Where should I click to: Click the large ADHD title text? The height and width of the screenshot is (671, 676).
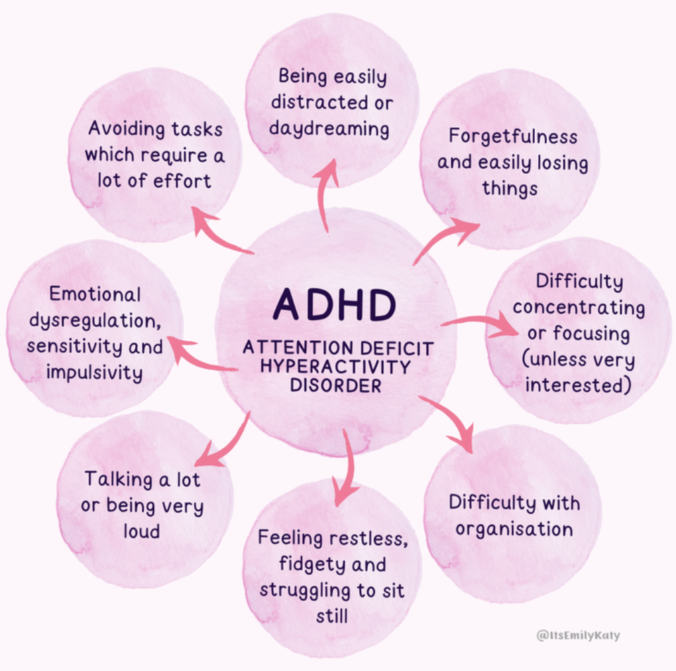click(335, 304)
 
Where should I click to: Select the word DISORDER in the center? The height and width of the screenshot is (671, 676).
click(335, 385)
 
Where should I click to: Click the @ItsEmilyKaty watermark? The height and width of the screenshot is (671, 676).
click(578, 635)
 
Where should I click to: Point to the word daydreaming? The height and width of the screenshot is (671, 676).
click(329, 128)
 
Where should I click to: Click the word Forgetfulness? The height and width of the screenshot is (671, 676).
click(512, 137)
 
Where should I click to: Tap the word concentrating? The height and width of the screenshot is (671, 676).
click(578, 308)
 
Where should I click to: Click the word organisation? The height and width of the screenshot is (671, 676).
click(514, 529)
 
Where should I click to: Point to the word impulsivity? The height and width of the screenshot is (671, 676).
click(94, 372)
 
